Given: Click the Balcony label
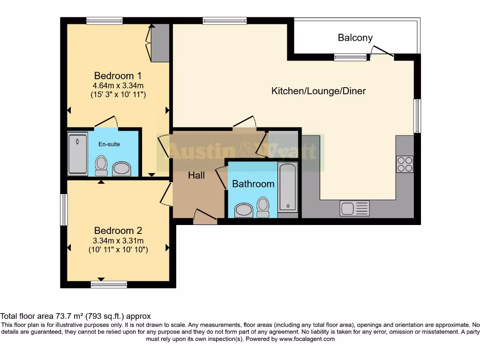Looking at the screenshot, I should (x=355, y=38).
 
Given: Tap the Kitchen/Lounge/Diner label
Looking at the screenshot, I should (x=318, y=91).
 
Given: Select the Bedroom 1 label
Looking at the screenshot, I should (x=118, y=75).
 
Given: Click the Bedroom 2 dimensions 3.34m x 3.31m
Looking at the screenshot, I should (x=118, y=241).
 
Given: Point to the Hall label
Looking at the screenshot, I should (x=196, y=175).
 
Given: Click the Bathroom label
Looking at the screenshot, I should (x=253, y=184).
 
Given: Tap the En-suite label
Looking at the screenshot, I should (x=109, y=144).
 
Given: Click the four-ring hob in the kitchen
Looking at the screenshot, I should (x=405, y=164).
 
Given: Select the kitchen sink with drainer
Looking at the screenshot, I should (x=355, y=208).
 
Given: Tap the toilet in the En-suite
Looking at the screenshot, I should (x=101, y=166).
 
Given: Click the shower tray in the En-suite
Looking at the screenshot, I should (x=78, y=154).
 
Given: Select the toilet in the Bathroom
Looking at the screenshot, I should (x=263, y=207).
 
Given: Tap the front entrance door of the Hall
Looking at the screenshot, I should (x=205, y=216).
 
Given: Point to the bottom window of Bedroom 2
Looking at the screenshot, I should (x=109, y=284).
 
